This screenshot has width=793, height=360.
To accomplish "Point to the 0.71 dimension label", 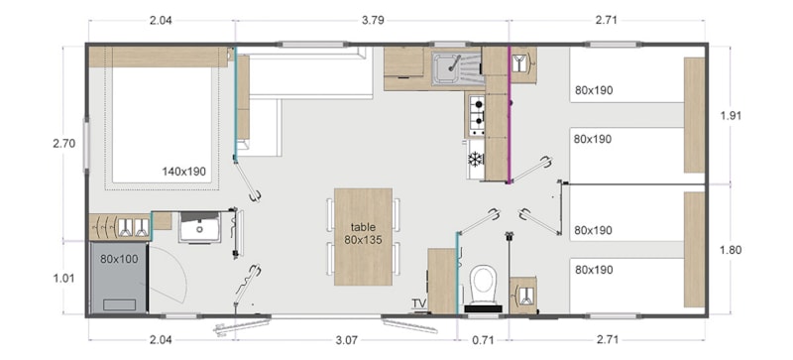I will (483, 340).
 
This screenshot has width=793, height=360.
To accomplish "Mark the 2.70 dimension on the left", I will (63, 143).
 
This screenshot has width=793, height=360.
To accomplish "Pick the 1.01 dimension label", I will (63, 278).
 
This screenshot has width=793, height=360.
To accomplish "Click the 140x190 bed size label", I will (184, 172).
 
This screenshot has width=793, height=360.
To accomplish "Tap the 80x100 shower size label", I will (119, 260).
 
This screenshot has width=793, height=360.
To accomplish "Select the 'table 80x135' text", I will (363, 233).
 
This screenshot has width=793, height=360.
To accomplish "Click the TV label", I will (419, 303).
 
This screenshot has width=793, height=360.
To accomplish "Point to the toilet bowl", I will (483, 283).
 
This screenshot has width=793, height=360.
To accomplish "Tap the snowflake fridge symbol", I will (475, 159).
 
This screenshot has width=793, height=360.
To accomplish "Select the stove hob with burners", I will (476, 115).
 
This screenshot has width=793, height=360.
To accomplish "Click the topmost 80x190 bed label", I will (593, 90).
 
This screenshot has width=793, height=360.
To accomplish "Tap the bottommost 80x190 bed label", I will (593, 269).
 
